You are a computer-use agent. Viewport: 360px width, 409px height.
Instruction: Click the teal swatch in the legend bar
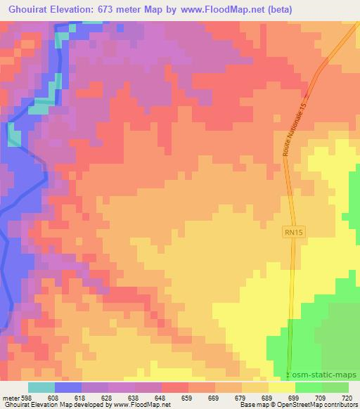coord(41,387)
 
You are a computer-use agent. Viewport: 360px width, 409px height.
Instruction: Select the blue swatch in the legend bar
coord(68,387)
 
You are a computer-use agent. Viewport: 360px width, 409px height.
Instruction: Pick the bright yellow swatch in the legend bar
coord(281,387)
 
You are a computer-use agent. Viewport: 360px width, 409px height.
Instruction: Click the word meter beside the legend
coord(10,397)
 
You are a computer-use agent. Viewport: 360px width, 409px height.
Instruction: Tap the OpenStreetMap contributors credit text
coord(320,405)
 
